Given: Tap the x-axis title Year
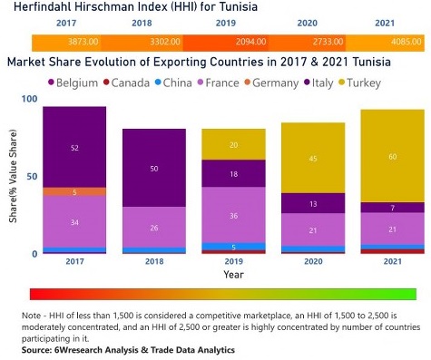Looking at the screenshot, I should coord(233,274).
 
